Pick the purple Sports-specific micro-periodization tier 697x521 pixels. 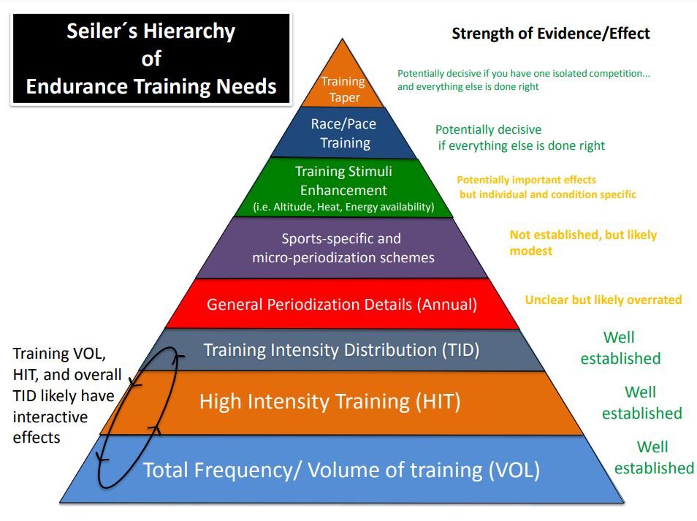point(343,248)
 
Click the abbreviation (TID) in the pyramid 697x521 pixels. point(461,350)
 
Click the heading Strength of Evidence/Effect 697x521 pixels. point(550,33)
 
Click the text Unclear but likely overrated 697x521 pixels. point(603,300)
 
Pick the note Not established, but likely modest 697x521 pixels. point(583,243)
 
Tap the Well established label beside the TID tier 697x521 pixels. point(620,348)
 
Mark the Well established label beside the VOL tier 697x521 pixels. point(653,457)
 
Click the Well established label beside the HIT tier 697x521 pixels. point(641,403)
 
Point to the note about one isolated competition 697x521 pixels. point(523,80)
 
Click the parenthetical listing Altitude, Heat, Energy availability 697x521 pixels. point(343,208)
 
